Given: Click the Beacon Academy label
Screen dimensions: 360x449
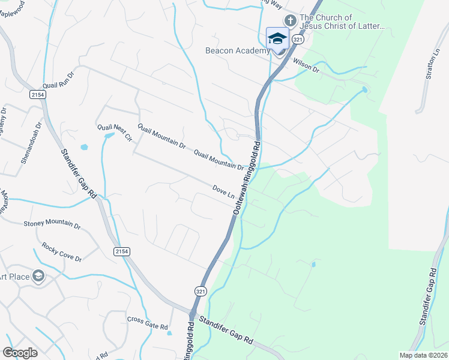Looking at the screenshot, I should [238, 51].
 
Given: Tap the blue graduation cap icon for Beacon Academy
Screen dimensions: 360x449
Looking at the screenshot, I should [277, 38].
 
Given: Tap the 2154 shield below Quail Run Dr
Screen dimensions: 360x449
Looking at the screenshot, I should [37, 95].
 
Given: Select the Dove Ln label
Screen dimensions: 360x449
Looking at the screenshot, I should [223, 191].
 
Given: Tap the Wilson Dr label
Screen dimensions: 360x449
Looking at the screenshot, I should [306, 65].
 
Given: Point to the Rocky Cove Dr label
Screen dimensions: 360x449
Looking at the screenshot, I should [62, 251].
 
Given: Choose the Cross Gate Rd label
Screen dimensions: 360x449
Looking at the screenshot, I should [147, 322].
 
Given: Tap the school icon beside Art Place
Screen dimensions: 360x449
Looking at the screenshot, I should [38, 276].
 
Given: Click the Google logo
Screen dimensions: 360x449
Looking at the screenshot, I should [20, 353].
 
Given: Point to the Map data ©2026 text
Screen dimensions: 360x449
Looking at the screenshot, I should [423, 355].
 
